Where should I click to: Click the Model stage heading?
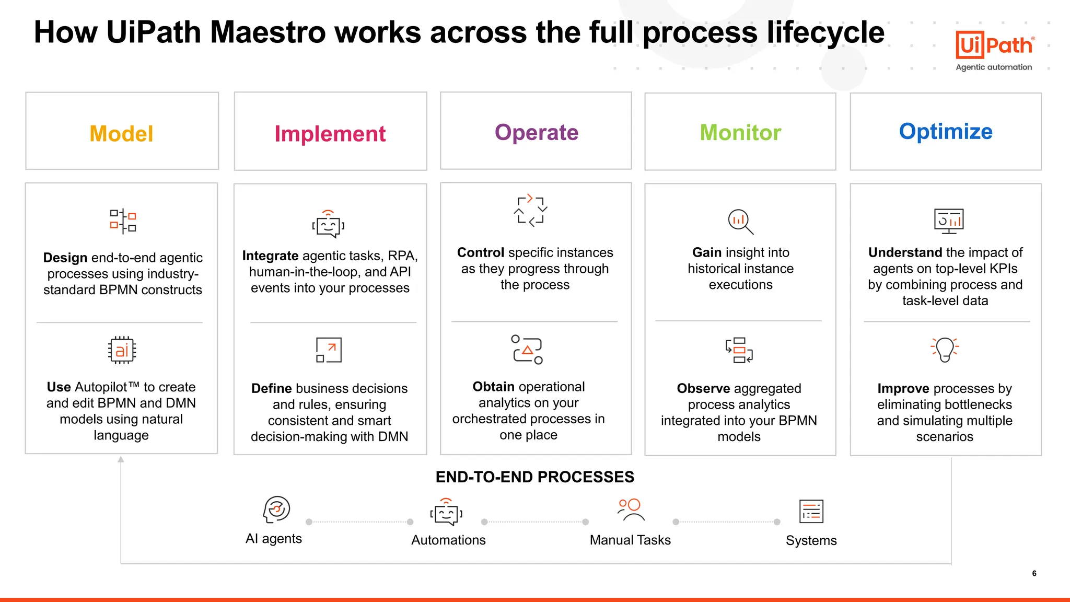(121, 134)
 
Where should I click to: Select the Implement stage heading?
(330, 134)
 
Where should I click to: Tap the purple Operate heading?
(537, 133)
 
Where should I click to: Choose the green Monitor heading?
(740, 133)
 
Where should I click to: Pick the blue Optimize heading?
(946, 132)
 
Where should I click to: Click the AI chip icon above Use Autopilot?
(122, 350)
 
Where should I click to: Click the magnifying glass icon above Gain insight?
(740, 222)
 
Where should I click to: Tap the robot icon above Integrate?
(328, 225)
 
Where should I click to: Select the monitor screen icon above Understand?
(948, 221)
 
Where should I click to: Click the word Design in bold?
(65, 258)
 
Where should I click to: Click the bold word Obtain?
(494, 387)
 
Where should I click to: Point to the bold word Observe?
(703, 388)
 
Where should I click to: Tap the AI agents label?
(274, 539)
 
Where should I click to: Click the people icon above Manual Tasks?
(630, 510)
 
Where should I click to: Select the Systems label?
(811, 540)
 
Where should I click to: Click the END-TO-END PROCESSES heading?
(534, 477)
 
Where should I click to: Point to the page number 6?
(1034, 573)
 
